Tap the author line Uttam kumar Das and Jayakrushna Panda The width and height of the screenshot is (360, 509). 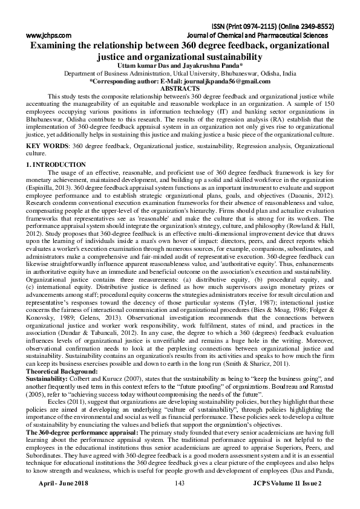click(x=179, y=65)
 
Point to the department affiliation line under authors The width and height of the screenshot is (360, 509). click(x=180, y=73)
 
